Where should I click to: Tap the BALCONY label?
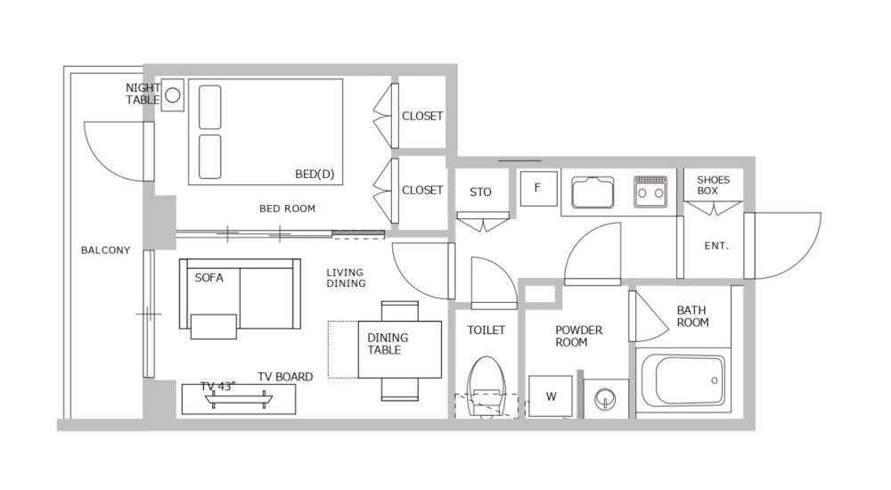click(x=105, y=250)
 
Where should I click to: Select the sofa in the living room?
click(x=240, y=295)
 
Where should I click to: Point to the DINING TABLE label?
click(x=388, y=344)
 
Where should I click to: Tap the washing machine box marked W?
click(x=551, y=396)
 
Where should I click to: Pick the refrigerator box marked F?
click(x=537, y=188)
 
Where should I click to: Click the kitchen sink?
click(x=593, y=192)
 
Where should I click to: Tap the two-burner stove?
click(x=650, y=191)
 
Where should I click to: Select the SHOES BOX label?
click(x=713, y=185)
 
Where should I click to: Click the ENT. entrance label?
click(x=716, y=246)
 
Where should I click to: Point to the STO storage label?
click(x=480, y=192)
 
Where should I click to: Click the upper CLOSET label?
click(x=422, y=116)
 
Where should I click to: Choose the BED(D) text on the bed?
click(x=315, y=174)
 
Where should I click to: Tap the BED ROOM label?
click(x=287, y=209)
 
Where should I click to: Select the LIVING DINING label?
click(x=346, y=278)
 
